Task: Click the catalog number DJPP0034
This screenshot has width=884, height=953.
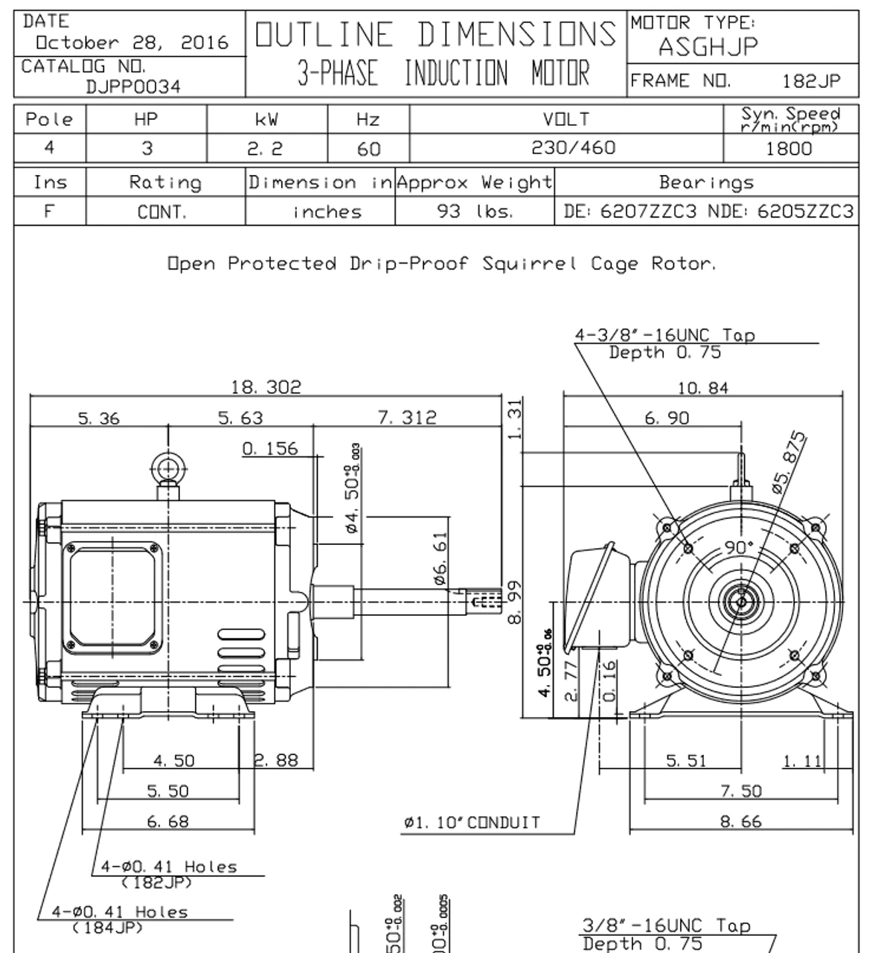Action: click(x=132, y=86)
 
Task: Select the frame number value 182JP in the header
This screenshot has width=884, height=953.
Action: click(x=811, y=81)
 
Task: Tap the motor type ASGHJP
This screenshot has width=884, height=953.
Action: click(x=708, y=48)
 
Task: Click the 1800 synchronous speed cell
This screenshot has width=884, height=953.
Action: click(x=789, y=149)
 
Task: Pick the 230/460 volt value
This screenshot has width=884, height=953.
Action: click(x=573, y=148)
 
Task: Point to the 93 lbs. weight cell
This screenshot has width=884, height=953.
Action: click(x=475, y=211)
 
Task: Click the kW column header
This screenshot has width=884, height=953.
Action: click(x=266, y=119)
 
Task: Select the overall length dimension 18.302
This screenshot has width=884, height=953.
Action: click(x=266, y=387)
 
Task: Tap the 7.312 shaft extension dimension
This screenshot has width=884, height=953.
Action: click(x=407, y=418)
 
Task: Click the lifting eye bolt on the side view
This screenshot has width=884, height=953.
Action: click(x=168, y=470)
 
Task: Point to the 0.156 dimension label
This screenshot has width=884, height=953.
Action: click(x=269, y=448)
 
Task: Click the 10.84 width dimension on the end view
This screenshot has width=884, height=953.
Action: click(x=702, y=387)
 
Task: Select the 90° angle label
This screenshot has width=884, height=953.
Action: click(x=739, y=547)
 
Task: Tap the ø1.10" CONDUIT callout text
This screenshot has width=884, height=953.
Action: click(x=472, y=823)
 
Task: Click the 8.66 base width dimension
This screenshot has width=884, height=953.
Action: click(x=741, y=822)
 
